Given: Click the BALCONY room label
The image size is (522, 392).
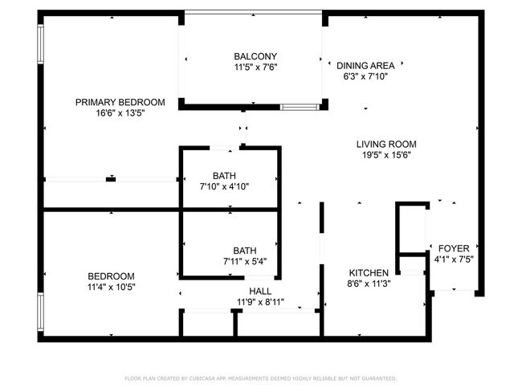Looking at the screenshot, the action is tap(255, 56).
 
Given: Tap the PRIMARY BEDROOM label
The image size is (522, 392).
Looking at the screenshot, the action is tap(120, 102).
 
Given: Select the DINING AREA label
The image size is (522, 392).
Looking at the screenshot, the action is tap(365, 66).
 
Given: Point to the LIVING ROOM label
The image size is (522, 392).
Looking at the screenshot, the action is tap(386, 145).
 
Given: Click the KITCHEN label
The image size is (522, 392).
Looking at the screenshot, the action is tap(369, 273).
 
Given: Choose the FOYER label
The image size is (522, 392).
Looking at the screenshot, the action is tap(454, 248).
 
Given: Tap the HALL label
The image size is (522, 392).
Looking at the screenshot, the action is tap(260, 292).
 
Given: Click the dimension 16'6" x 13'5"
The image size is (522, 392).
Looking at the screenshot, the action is tap(120, 113).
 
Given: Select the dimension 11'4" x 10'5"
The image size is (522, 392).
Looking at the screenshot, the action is tap(111, 287).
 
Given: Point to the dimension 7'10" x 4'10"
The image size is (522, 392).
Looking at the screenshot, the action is tap(224, 186).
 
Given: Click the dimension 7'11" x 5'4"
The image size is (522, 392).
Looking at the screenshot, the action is tap(245, 261).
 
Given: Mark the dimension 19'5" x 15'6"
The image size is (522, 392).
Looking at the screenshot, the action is tap(386, 155).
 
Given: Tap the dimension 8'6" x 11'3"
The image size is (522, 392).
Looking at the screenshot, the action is tap(369, 284).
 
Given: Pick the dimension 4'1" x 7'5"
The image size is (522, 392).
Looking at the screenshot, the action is tap(454, 259).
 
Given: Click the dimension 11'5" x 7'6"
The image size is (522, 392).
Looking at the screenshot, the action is tap(255, 67).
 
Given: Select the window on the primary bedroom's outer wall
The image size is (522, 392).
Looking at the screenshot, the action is tap(41, 44).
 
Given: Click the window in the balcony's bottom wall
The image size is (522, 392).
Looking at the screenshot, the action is tap(300, 108).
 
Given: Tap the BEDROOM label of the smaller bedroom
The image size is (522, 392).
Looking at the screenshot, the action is tap(111, 276).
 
